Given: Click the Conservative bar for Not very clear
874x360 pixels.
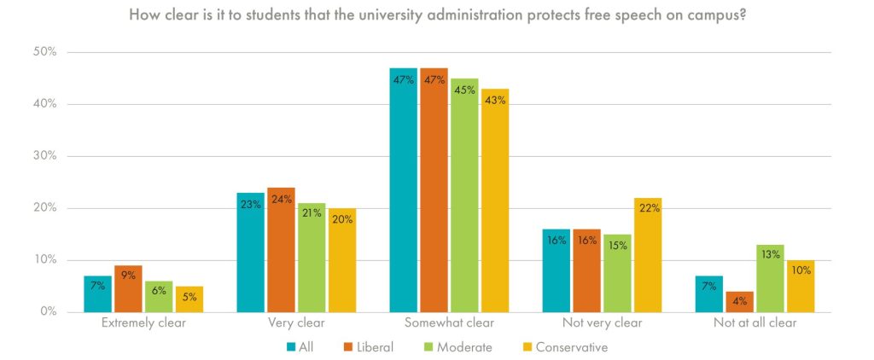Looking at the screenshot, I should pos(648,255).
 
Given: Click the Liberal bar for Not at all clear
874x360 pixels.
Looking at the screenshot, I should pos(739,302).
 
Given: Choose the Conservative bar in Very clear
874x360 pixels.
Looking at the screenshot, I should pos(342,260).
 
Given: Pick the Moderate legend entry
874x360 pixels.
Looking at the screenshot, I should pos(459,347).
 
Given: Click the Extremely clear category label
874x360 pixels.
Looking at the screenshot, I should pos(143,324).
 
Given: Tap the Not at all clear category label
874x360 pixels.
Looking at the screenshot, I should pos(755,324).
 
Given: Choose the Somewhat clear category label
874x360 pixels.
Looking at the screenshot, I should pos(448,324).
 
